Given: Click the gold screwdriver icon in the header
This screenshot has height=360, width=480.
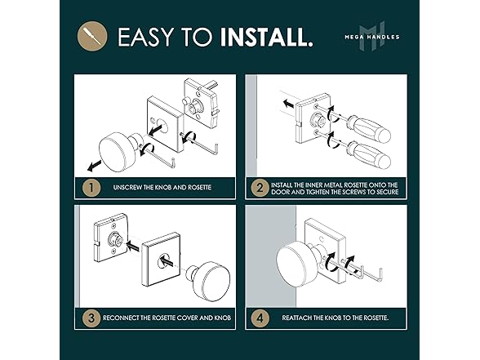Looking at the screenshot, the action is [92, 36].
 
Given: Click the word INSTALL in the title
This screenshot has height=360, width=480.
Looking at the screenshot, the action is [263, 37].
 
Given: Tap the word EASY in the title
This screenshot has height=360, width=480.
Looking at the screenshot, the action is [145, 37].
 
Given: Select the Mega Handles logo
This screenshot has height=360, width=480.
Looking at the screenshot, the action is [372, 37].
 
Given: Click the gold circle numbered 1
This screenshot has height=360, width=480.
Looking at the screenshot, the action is [91, 188].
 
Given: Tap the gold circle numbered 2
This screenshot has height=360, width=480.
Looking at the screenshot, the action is [260, 188].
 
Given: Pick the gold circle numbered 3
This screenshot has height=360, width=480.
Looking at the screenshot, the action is [91, 318].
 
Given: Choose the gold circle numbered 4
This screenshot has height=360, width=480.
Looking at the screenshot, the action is [260, 318].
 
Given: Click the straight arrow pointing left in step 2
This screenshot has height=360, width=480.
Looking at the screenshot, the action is [288, 104].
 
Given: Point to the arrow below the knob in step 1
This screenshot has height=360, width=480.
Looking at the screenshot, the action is [95, 166].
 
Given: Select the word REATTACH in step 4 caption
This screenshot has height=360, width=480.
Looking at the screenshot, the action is [296, 318].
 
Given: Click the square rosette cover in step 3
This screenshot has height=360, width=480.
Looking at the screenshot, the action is [162, 260].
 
